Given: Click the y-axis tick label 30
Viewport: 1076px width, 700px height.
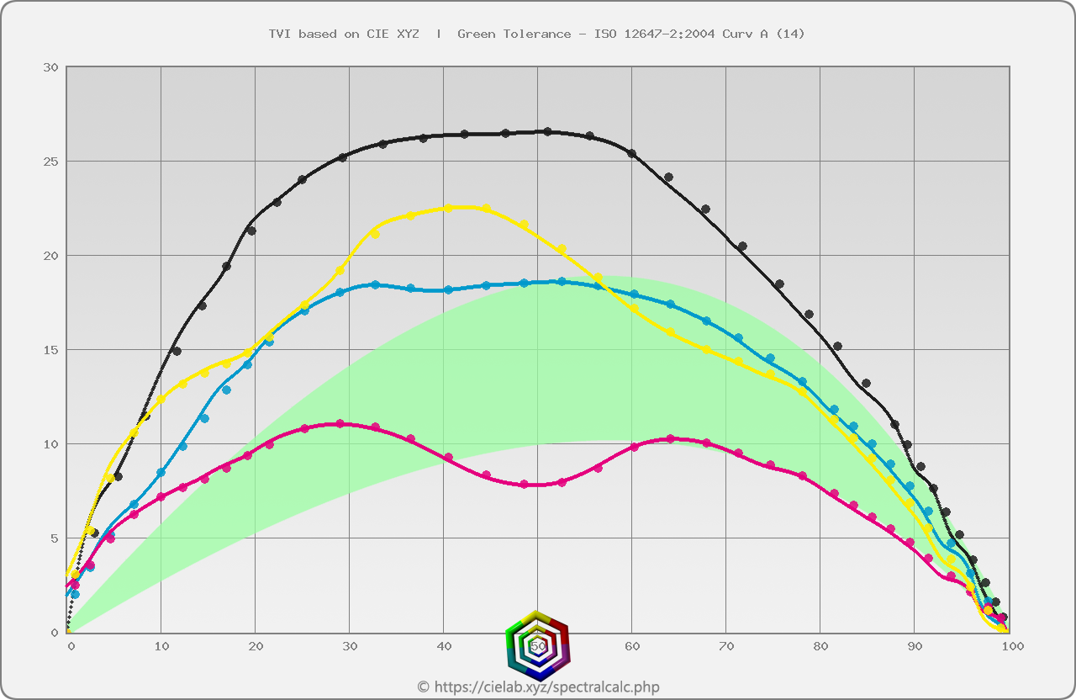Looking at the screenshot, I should pos(50,67).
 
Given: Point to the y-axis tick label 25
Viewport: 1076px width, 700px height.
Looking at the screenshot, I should pos(50,162).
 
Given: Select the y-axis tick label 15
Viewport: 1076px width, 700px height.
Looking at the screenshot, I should pos(50,350).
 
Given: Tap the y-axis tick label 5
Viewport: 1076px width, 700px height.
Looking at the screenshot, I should pos(54,538).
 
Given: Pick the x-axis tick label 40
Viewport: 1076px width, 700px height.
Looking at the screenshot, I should pos(444,646).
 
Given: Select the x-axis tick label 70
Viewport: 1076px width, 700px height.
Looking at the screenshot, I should pos(726,646).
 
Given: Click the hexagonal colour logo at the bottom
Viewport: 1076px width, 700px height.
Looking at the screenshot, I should pos(538,645).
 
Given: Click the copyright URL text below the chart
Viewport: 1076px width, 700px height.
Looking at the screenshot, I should pos(538,687).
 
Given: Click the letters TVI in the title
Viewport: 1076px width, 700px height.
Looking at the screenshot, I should pos(279,34).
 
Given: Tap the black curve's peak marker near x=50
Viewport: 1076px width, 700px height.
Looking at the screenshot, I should pos(547,132).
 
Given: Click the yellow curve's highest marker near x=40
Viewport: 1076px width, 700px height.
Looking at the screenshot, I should pos(448,208).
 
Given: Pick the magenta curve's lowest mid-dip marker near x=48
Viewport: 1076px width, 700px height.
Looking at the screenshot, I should pos(525,485).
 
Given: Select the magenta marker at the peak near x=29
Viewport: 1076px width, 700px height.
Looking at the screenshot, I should pos(340,424).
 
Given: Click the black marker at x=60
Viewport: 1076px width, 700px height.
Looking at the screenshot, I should pos(632,154).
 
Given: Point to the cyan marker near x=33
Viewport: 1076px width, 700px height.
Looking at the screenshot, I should pos(375,285).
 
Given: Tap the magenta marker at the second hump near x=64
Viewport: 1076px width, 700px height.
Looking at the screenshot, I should pos(670,439).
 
